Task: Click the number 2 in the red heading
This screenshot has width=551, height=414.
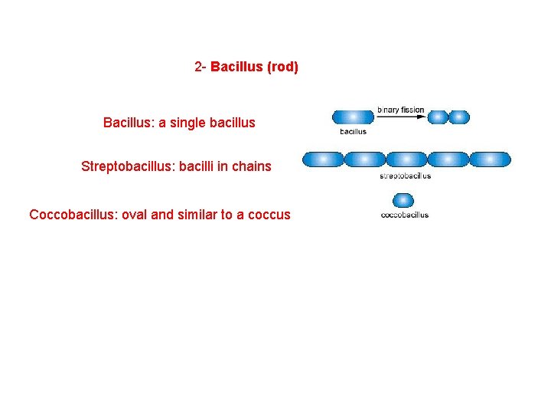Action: tap(199, 67)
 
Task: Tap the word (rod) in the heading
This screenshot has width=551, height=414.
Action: tap(282, 67)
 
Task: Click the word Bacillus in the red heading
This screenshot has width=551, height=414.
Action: tap(236, 67)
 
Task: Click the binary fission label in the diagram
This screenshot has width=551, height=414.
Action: tap(400, 110)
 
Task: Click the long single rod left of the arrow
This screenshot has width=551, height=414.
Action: tap(353, 117)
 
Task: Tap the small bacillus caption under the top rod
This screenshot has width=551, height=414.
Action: tap(353, 131)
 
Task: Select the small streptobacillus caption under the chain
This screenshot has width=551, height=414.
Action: tap(405, 176)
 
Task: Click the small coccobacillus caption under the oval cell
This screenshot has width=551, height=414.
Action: tap(404, 215)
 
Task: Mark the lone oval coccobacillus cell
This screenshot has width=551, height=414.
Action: tap(403, 201)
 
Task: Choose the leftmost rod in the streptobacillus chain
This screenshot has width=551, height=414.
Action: tap(322, 159)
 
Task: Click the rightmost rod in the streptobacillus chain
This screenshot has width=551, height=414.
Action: tap(490, 159)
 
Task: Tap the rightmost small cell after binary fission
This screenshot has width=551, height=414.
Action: tap(458, 117)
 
